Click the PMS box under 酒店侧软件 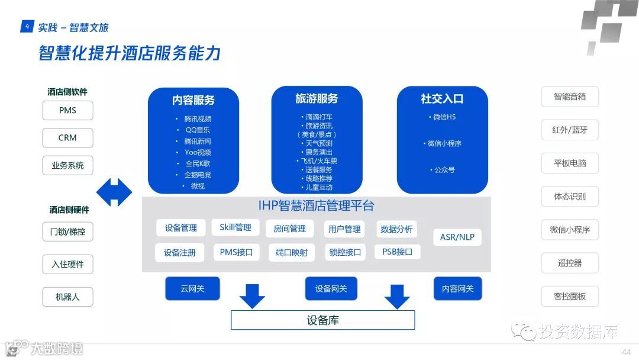(67, 111)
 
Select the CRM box (67, 138)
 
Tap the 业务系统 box (67, 166)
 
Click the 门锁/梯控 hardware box (67, 232)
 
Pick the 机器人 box (67, 297)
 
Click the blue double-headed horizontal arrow (114, 192)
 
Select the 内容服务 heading (193, 100)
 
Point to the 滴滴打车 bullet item (319, 117)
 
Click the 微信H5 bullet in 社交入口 (442, 117)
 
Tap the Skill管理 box (235, 227)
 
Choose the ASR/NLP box (457, 237)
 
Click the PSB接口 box (397, 252)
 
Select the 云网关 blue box (192, 288)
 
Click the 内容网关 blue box (457, 288)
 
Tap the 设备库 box (322, 320)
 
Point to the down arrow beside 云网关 (252, 295)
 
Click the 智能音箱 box (570, 97)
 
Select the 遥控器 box (570, 263)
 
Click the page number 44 (626, 352)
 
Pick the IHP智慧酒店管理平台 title (316, 206)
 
